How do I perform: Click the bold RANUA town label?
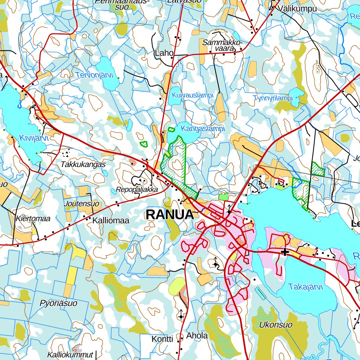[x=170, y=214]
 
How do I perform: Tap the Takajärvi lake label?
[x=305, y=287]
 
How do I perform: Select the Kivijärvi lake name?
[x=33, y=138]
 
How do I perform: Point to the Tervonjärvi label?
[x=94, y=75]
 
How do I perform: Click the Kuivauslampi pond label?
[x=192, y=95]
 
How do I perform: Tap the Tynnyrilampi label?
[x=273, y=98]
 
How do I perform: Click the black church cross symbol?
[x=285, y=252]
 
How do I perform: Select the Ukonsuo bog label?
[x=275, y=325]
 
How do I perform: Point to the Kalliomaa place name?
[x=111, y=221]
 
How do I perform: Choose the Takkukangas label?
[x=83, y=164]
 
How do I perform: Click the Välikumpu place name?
[x=296, y=9]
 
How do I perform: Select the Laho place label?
[x=164, y=53]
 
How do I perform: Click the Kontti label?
[x=162, y=339]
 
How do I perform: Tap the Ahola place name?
[x=197, y=336]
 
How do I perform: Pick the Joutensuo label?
[x=82, y=204]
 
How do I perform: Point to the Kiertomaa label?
[x=33, y=219]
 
